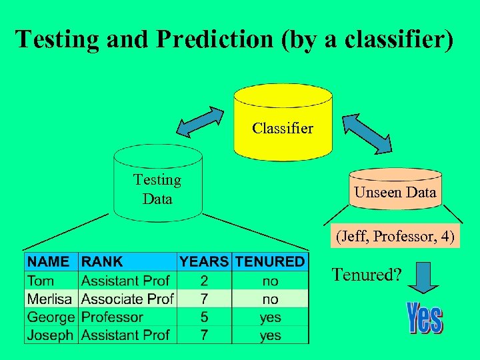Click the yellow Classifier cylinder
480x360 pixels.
click(x=283, y=123)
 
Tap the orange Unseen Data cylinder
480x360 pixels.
click(x=395, y=189)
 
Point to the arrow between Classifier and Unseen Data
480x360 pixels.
click(x=368, y=131)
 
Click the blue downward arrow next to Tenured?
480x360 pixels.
click(x=422, y=277)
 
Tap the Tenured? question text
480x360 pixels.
click(x=366, y=274)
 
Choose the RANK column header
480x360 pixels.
click(x=102, y=261)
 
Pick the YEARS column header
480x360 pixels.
click(x=204, y=261)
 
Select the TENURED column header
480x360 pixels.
click(x=270, y=261)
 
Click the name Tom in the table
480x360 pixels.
click(x=41, y=281)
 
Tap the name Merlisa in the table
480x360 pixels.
click(x=51, y=299)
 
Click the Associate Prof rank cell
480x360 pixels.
click(x=127, y=299)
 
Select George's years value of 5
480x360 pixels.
click(x=204, y=317)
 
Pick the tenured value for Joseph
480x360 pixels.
click(x=270, y=335)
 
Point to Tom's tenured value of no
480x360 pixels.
click(x=270, y=281)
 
